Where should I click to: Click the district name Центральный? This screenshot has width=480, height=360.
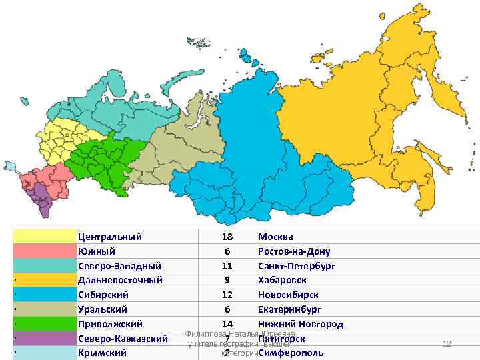pos(109,237)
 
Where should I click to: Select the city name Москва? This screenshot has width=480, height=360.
pos(275,237)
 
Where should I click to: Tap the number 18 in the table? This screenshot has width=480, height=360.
pos(227,237)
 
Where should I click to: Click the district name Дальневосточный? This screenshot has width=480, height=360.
pos(120,280)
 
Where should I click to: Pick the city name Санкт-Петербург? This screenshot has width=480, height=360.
pos(296,265)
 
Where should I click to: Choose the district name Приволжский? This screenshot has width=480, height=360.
pos(110,324)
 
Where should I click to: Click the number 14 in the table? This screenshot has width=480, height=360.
pos(227,324)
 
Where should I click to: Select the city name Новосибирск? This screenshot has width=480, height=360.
pos(287,295)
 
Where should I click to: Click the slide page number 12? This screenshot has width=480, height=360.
pos(447,343)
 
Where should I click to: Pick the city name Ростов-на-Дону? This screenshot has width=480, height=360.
pos(293,251)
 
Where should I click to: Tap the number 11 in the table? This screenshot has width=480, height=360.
pos(227,265)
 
